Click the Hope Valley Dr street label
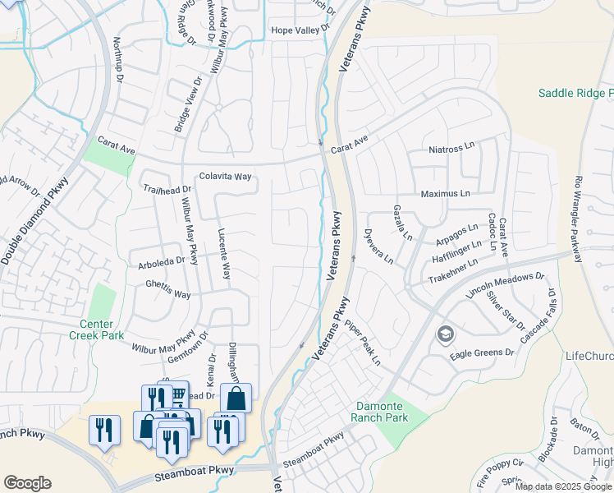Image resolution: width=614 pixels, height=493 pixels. click(x=303, y=30)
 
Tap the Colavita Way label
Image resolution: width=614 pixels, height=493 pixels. click(x=225, y=177)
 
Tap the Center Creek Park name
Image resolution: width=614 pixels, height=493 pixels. click(x=102, y=329)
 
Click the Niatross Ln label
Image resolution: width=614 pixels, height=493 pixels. click(x=452, y=149)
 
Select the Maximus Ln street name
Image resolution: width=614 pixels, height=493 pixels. click(x=445, y=194)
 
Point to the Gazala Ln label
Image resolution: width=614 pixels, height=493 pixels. click(x=401, y=222)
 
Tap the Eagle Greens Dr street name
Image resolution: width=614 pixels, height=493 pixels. click(x=482, y=353)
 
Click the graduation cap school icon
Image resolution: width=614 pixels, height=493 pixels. click(x=445, y=334)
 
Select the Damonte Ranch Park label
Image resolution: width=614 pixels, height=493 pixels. click(x=379, y=412)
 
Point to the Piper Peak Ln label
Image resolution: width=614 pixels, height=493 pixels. click(x=363, y=343)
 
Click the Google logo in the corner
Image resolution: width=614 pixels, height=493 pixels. click(x=27, y=483)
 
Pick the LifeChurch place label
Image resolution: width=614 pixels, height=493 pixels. click(x=589, y=356)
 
